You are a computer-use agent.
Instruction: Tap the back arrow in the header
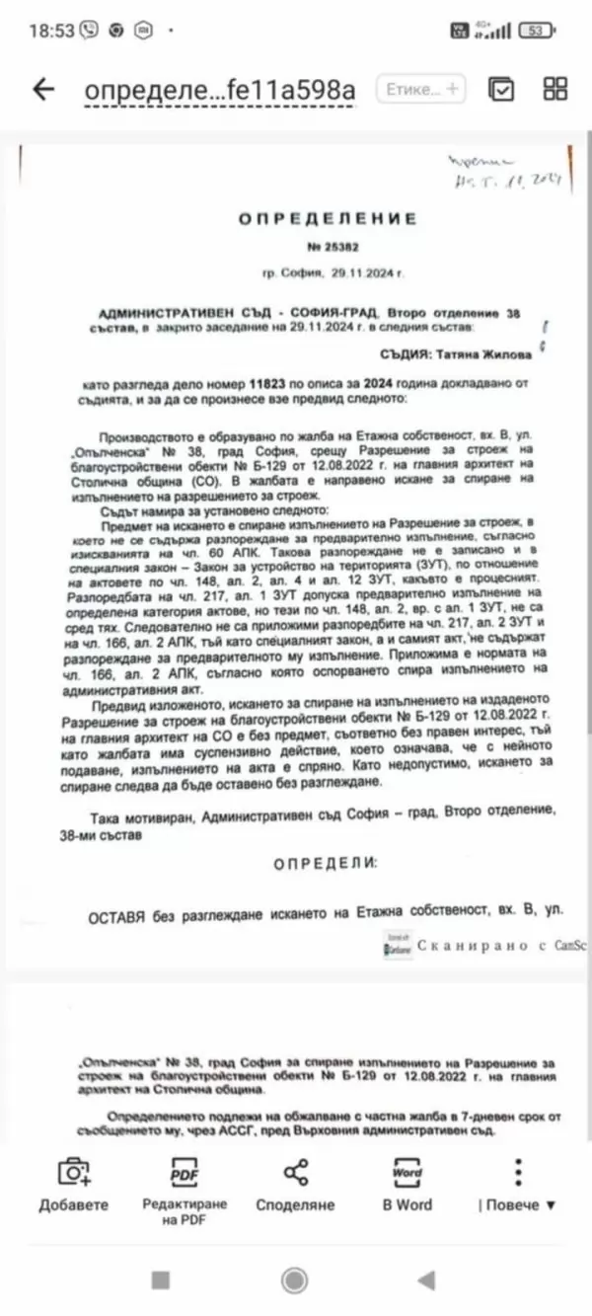[43, 89]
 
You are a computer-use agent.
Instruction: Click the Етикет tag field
[421, 89]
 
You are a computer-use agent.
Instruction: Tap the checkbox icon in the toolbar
[501, 89]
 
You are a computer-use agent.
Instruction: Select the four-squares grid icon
[555, 89]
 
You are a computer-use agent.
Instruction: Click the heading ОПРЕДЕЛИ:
[326, 863]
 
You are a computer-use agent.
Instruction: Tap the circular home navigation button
[294, 1280]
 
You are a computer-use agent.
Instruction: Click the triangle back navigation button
[426, 1280]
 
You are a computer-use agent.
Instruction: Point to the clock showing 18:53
[51, 30]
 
